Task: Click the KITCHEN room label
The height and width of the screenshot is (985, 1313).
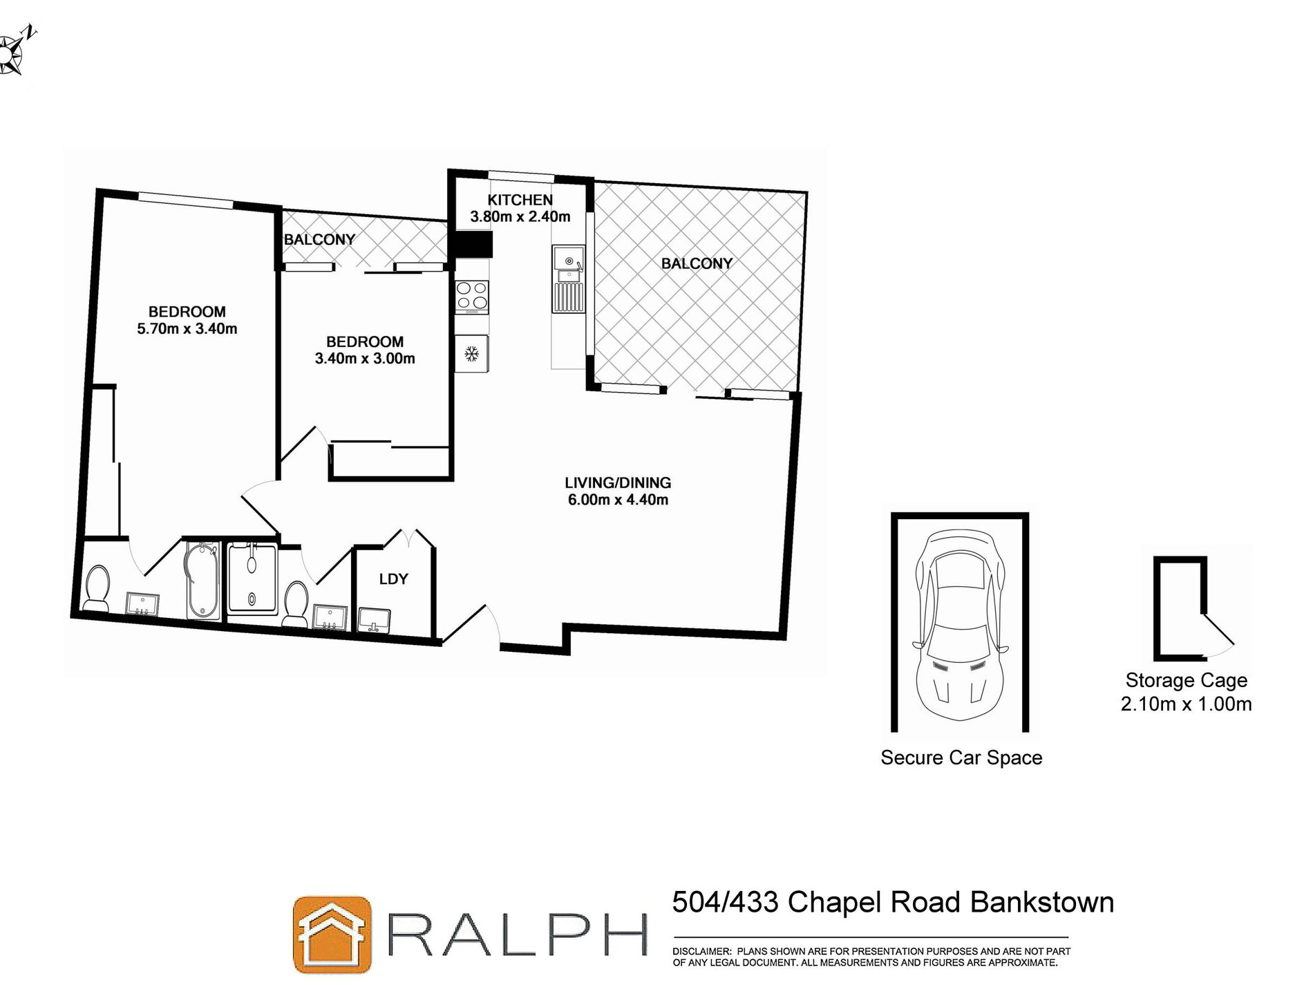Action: click(x=520, y=200)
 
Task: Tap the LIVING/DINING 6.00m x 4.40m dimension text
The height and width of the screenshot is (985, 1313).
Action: click(x=618, y=500)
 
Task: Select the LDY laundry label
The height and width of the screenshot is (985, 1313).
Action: click(x=393, y=579)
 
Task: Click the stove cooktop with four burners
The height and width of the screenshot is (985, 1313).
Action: click(x=472, y=296)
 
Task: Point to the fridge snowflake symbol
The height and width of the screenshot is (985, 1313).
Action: click(x=471, y=355)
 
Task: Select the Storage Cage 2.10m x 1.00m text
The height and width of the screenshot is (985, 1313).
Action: click(x=1186, y=692)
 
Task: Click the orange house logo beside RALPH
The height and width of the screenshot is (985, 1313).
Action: click(x=332, y=935)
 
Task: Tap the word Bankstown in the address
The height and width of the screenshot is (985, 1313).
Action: click(x=1041, y=902)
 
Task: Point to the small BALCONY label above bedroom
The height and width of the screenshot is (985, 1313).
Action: click(x=319, y=240)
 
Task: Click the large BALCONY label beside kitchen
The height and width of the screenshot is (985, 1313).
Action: click(x=696, y=263)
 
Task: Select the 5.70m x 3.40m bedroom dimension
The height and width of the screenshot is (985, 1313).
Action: click(x=187, y=329)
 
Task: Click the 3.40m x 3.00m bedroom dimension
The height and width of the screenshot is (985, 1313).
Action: click(x=365, y=359)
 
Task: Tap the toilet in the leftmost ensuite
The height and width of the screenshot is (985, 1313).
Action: click(x=95, y=589)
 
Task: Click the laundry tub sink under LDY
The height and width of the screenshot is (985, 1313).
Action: click(x=375, y=619)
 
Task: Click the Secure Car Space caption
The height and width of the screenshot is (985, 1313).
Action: click(x=961, y=758)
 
